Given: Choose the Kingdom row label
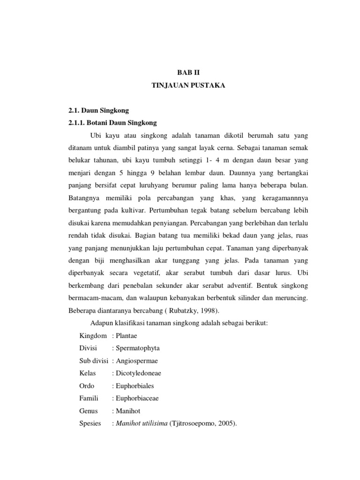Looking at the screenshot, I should [94, 336].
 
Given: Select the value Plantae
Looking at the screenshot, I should [126, 336].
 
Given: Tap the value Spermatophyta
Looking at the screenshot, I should [137, 348].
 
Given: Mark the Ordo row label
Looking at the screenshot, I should [87, 386].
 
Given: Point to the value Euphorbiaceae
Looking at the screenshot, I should [137, 399].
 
